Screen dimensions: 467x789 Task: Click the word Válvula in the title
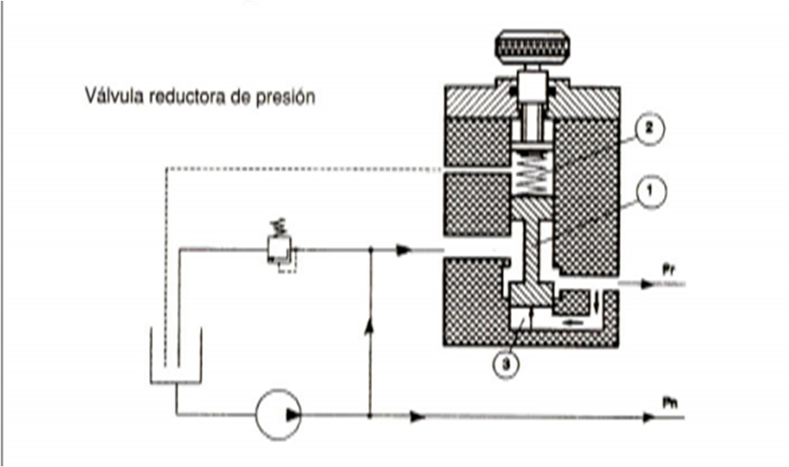coord(111,99)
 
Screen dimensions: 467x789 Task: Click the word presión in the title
coord(289,100)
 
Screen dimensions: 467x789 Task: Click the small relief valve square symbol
coord(278,248)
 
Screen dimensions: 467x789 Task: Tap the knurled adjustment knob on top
coord(533,47)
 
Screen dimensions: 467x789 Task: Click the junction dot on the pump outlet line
coord(371,416)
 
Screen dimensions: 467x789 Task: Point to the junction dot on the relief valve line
coord(371,249)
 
